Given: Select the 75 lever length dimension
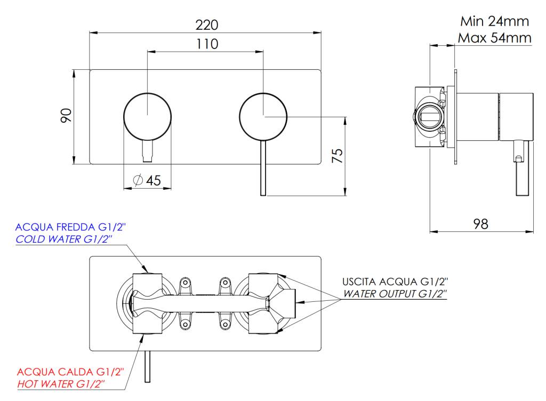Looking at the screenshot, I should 336,156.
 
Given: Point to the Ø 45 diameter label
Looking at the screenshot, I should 147,180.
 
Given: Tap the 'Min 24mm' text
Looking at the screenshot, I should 494,22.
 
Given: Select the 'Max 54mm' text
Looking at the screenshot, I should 494,38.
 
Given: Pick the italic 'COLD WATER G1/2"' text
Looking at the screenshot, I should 66,239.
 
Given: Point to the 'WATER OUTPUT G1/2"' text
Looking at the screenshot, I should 395,294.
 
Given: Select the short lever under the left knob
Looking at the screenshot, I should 148,152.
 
